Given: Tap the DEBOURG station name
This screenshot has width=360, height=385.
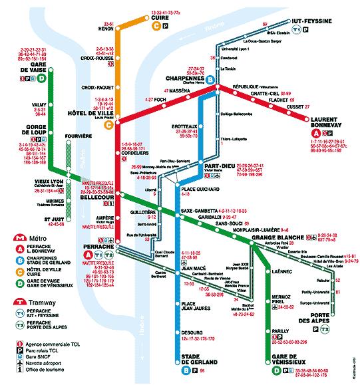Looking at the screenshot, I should point(192,331).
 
